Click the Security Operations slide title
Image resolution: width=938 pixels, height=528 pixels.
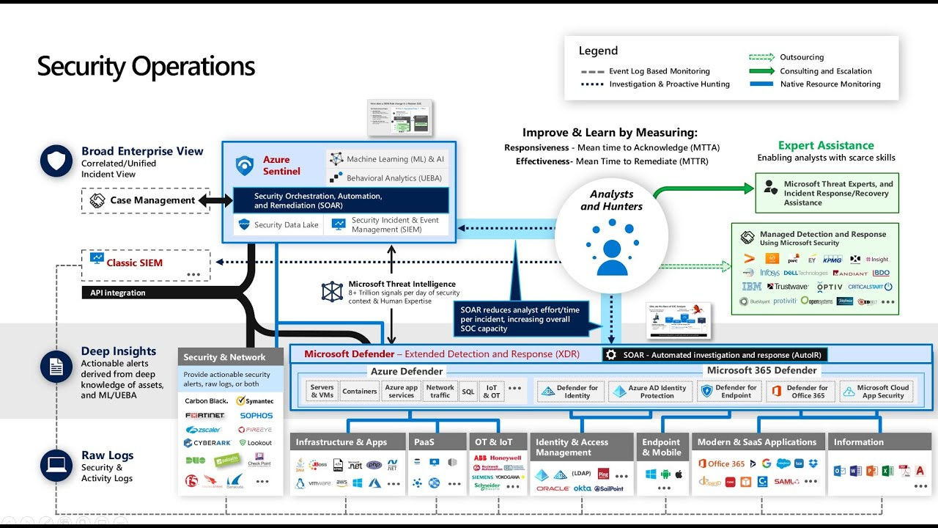pyautogui.click(x=146, y=67)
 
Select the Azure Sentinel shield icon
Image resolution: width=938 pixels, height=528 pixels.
pyautogui.click(x=245, y=166)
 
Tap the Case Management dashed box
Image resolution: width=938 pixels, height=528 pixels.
pyautogui.click(x=146, y=200)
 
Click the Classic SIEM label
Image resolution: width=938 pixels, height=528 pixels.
pyautogui.click(x=134, y=263)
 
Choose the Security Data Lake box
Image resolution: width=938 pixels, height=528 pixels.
pyautogui.click(x=278, y=225)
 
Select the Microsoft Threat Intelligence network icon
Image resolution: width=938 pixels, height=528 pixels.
pyautogui.click(x=332, y=292)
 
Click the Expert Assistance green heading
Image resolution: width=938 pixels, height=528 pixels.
pyautogui.click(x=826, y=145)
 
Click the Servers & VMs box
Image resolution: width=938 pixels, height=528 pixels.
pyautogui.click(x=322, y=392)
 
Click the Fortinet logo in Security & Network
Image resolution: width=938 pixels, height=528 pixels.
pyautogui.click(x=204, y=415)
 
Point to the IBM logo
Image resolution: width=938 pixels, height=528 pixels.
pyautogui.click(x=751, y=287)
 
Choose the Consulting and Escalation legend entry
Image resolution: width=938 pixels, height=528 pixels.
pyautogui.click(x=826, y=71)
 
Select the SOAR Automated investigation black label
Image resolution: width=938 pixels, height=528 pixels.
pyautogui.click(x=714, y=355)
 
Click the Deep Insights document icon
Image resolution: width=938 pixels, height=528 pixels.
pyautogui.click(x=56, y=367)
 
